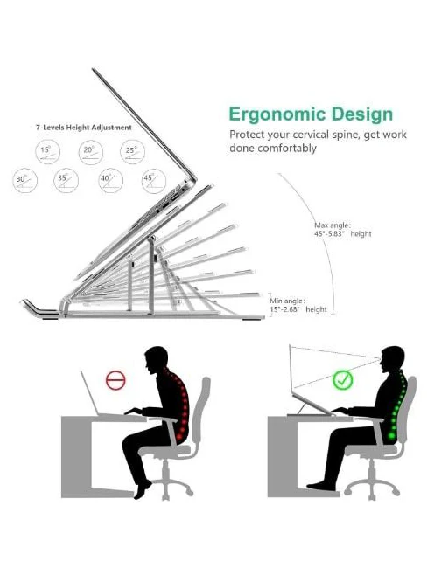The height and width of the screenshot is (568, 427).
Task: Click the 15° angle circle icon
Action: [x=47, y=152]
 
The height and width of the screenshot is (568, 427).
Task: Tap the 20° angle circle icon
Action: [x=91, y=152]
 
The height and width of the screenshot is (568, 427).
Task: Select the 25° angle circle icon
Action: [x=132, y=152]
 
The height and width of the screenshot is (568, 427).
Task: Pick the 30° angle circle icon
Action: [x=25, y=181]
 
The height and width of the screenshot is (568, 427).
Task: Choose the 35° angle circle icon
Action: [x=66, y=180]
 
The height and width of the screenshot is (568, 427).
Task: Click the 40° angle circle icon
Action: [x=110, y=180]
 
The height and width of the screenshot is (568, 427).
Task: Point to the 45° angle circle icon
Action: [x=154, y=181]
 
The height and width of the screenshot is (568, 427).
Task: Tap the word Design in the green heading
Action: [x=362, y=114]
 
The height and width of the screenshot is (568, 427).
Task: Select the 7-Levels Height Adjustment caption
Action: [x=83, y=128]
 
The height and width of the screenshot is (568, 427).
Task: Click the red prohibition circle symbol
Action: [x=115, y=380]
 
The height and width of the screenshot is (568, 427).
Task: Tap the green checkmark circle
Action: [x=342, y=380]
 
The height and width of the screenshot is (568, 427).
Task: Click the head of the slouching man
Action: [x=157, y=360]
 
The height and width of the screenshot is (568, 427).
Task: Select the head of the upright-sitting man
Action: [x=392, y=359]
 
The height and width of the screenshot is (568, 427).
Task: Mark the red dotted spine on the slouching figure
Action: [x=180, y=403]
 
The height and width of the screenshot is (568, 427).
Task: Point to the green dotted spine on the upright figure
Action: [x=398, y=404]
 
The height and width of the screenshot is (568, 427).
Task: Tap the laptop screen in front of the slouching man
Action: [x=89, y=393]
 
